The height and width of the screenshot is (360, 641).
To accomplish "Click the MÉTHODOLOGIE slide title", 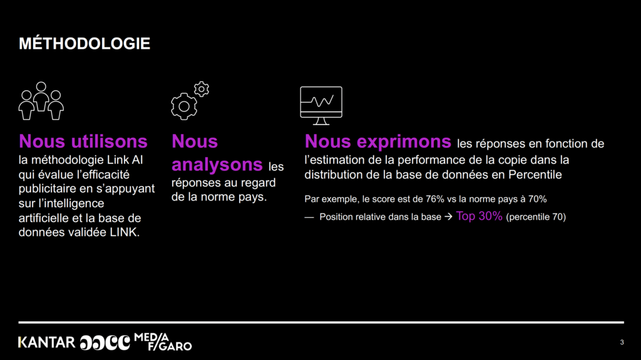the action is [x=85, y=44].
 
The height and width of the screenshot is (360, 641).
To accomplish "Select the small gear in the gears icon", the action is [x=202, y=89].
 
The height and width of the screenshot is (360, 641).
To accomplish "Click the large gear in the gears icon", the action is [x=184, y=106].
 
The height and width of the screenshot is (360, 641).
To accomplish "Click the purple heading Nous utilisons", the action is [x=83, y=141].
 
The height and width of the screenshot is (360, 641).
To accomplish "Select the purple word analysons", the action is [x=217, y=165].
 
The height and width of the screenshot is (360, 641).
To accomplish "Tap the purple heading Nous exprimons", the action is [x=377, y=141].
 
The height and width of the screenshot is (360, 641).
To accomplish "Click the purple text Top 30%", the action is [x=479, y=216].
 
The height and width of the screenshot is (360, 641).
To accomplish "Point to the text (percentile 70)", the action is [x=536, y=217].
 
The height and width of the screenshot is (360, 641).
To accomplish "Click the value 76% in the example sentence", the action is [x=435, y=199].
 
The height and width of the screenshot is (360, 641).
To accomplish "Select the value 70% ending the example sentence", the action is [x=537, y=199].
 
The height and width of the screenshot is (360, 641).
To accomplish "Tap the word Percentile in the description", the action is [x=535, y=175].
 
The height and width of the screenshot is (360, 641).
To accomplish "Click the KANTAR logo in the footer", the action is [x=46, y=342].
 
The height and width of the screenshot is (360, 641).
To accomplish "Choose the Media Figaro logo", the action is [x=163, y=342].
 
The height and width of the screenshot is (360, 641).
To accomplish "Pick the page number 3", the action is [x=622, y=342].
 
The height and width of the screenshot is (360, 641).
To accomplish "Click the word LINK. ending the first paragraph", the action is [x=125, y=232].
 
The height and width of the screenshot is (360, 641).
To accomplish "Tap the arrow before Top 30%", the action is [x=448, y=217].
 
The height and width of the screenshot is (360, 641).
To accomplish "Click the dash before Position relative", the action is [x=309, y=217].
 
